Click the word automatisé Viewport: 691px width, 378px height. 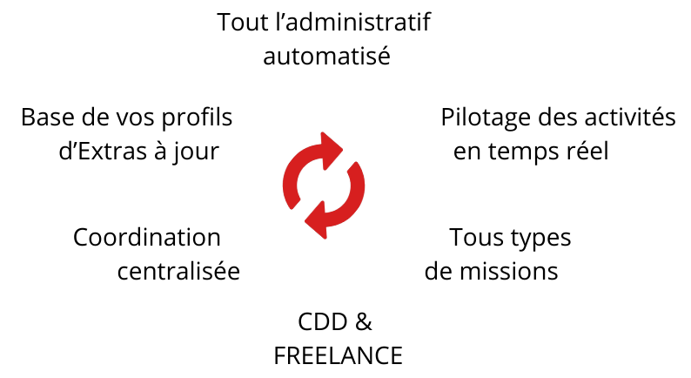point(325,57)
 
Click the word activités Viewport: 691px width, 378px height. point(634,117)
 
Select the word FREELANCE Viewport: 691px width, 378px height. point(338,355)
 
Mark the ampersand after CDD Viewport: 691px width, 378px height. point(363,321)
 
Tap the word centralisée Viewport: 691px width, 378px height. point(178,271)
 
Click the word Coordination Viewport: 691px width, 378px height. point(147,237)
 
